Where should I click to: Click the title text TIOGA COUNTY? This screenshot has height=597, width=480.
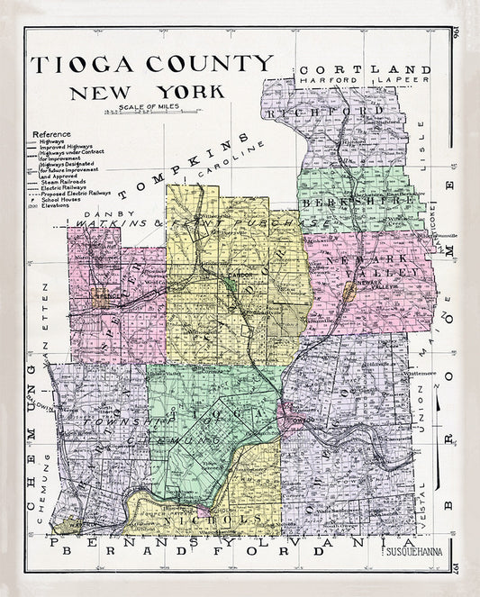click(x=151, y=64)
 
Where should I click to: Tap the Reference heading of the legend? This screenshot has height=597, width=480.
click(x=51, y=133)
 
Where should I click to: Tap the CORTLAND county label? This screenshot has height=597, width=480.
click(x=366, y=69)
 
